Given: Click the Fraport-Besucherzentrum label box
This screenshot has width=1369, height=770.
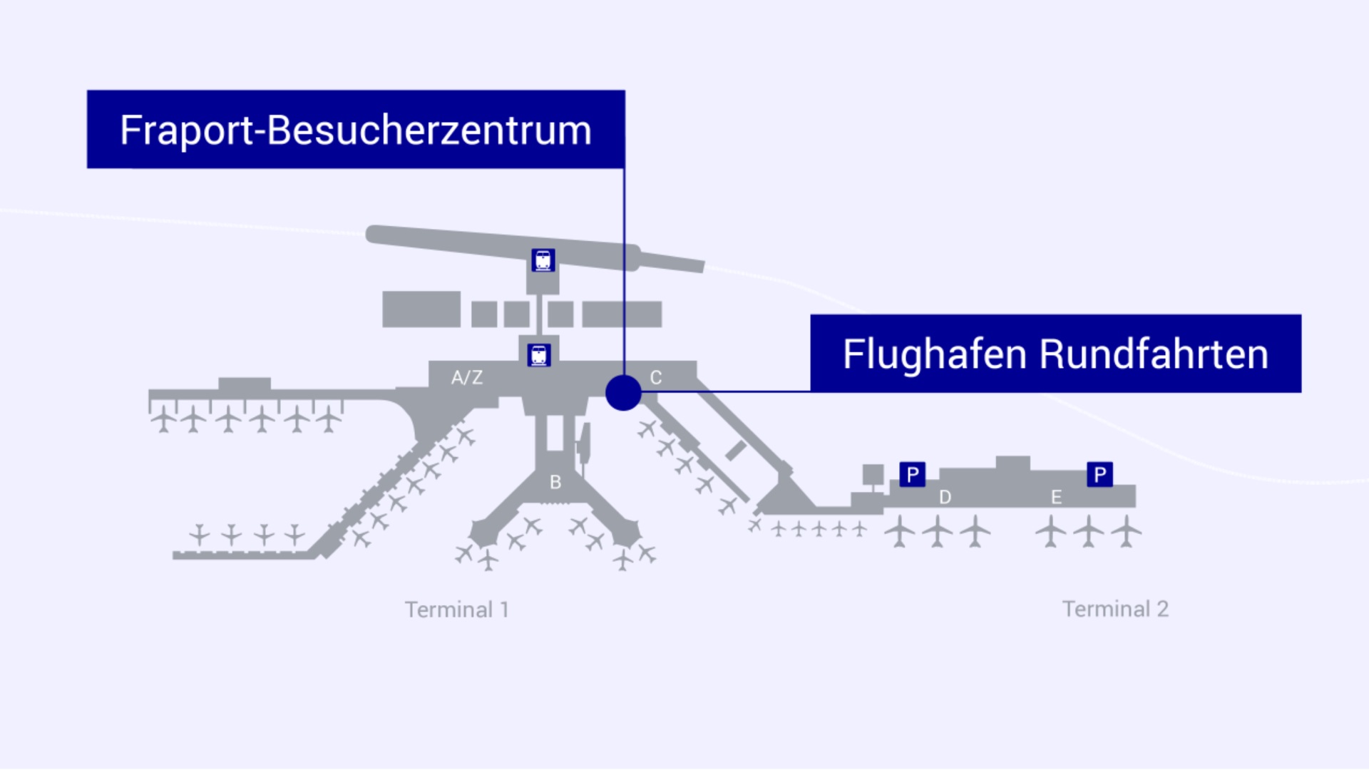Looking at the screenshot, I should [x=356, y=129].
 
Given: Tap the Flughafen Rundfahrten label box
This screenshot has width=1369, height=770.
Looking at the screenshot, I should [x=1055, y=353].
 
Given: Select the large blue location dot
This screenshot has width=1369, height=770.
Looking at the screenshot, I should [x=623, y=393].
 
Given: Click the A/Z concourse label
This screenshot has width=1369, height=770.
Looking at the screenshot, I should [x=467, y=377].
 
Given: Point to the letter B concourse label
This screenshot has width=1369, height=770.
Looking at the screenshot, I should [x=555, y=483].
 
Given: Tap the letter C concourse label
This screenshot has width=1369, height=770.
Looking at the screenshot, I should [x=656, y=377].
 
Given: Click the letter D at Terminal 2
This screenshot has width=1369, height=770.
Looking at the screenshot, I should [x=945, y=497].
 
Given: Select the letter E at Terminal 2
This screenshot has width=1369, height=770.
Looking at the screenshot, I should [x=1056, y=497].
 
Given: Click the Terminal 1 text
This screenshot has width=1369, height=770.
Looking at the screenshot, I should [x=457, y=610].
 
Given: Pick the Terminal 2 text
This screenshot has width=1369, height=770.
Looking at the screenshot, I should [x=1115, y=609].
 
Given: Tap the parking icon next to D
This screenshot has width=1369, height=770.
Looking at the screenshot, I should [x=913, y=474].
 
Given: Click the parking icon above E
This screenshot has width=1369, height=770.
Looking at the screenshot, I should [x=1099, y=474].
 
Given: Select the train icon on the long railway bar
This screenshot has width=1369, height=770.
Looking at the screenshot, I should [x=543, y=260].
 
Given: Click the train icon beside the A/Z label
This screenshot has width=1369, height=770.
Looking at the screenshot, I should [x=539, y=355].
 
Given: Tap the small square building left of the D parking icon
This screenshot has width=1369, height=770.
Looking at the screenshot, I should [x=873, y=474].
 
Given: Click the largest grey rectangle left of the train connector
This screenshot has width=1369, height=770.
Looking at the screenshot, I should [x=421, y=309].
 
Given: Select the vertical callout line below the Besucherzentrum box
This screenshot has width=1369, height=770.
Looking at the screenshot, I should [x=624, y=271].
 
